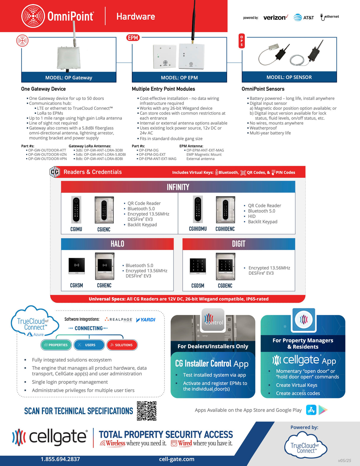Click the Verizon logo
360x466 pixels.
pos(275,18)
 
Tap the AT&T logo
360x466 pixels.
pos(304,18)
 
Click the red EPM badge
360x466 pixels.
pos(133,38)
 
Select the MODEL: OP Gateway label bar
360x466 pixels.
pos(69,77)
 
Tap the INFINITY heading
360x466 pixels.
pos(178,187)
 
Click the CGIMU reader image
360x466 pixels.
pos(76,210)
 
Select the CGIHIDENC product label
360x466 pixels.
pos(225,229)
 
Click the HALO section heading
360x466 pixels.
pos(117,244)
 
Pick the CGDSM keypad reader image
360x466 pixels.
pos(198,266)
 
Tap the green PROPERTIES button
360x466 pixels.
pos(56,345)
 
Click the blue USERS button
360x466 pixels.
pos(89,345)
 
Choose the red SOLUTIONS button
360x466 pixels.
pos(122,345)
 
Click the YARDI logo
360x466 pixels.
pos(146,320)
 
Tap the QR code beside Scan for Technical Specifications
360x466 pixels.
pos(146,411)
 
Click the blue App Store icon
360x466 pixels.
pos(311,410)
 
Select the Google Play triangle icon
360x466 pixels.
pos(323,410)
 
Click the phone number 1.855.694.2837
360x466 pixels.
pos(60,459)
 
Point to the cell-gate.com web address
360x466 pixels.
pos(176,459)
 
